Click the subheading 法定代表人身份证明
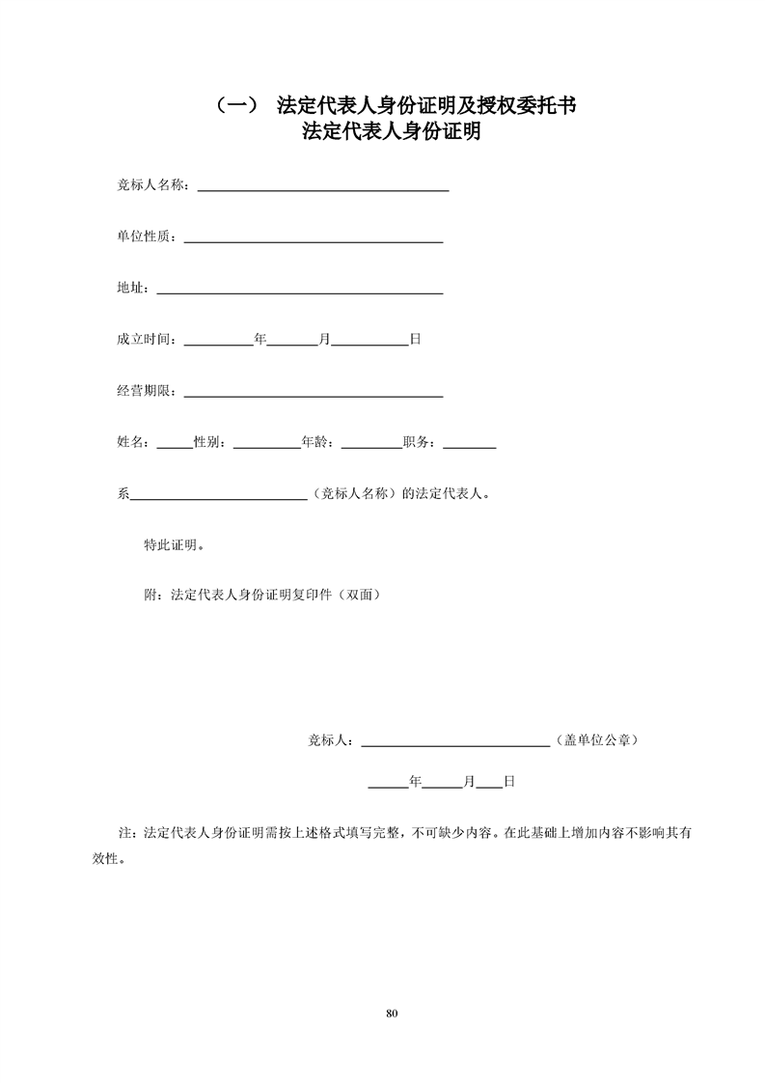coord(391,131)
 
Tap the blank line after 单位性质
coord(313,239)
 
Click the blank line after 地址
coord(299,291)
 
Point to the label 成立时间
coord(146,340)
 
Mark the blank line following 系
coord(218,498)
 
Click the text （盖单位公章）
coord(595,740)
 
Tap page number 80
coord(391,1014)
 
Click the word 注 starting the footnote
coord(123,832)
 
